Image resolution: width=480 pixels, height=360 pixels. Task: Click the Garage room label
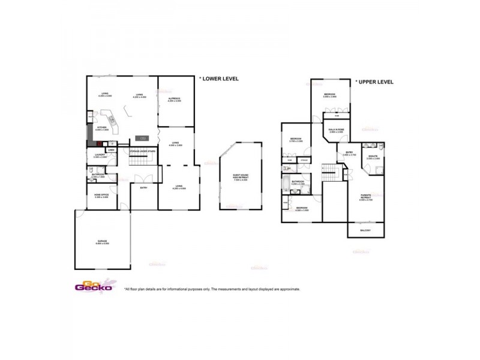tap(102, 242)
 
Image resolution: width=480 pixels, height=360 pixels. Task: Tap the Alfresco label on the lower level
tap(175, 99)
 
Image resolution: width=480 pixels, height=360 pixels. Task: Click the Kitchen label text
tap(101, 128)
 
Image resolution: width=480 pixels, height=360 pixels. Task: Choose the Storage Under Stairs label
tap(142, 152)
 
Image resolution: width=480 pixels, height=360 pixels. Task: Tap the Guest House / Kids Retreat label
tap(240, 177)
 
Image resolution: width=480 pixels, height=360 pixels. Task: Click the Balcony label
tap(365, 230)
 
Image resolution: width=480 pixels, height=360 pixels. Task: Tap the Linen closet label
tap(111, 149)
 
